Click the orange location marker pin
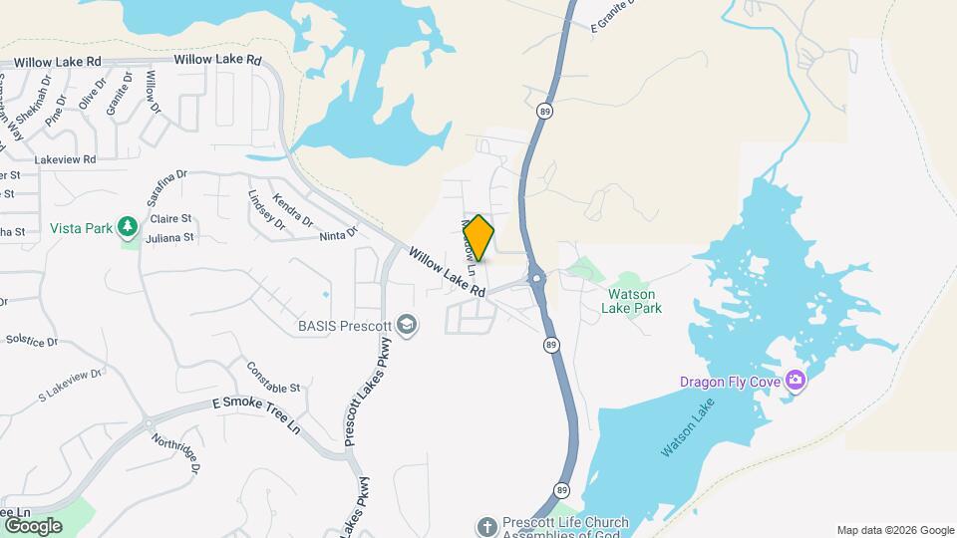pyautogui.click(x=479, y=238)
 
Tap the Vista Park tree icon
pyautogui.click(x=127, y=228)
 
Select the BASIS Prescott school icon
pyautogui.click(x=406, y=325)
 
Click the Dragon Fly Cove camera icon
pyautogui.click(x=795, y=380)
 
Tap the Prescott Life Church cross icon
pyautogui.click(x=486, y=525)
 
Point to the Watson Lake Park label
pyautogui.click(x=631, y=301)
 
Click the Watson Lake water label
pyautogui.click(x=688, y=435)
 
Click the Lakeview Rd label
pyautogui.click(x=65, y=159)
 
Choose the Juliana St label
pyautogui.click(x=170, y=238)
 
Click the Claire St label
pyautogui.click(x=170, y=218)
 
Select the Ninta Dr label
pyautogui.click(x=339, y=236)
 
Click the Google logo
pyautogui.click(x=32, y=526)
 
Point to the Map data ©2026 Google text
pyautogui.click(x=894, y=530)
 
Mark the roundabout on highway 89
pyautogui.click(x=536, y=278)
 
